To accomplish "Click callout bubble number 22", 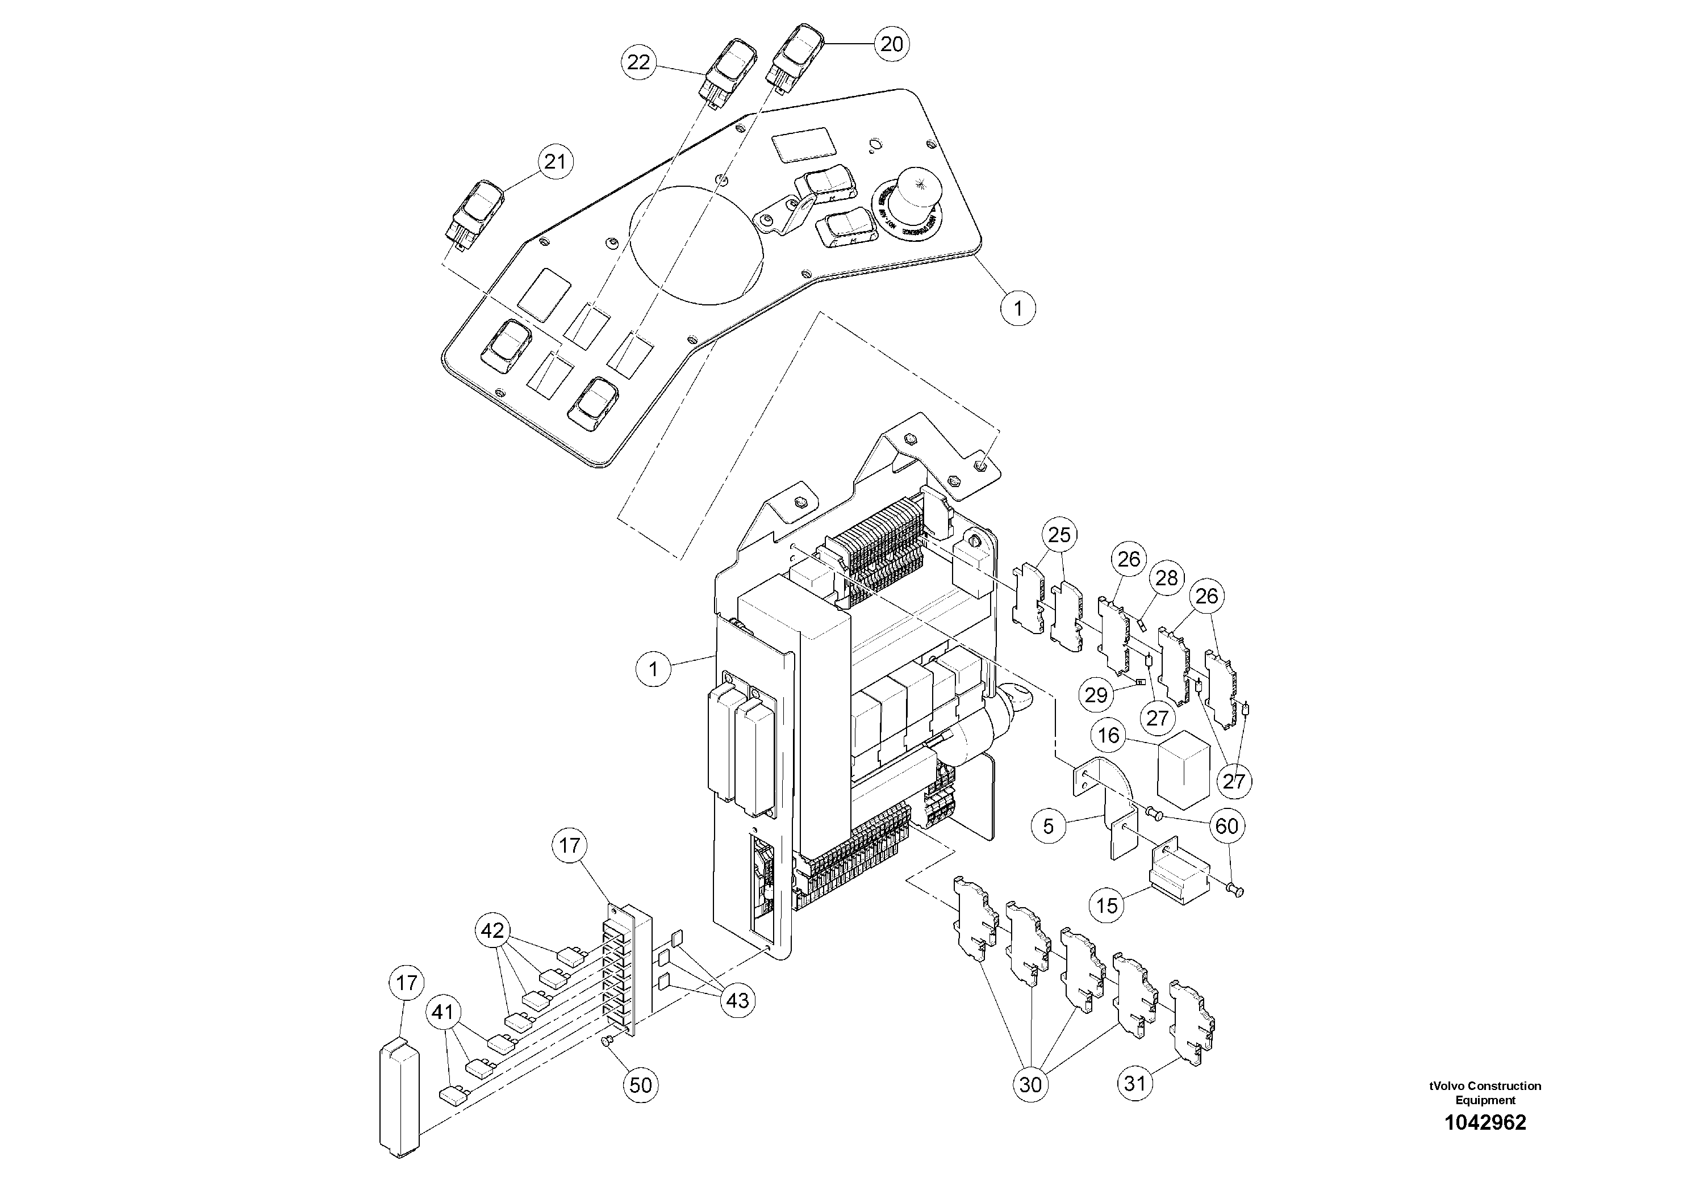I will tap(638, 62).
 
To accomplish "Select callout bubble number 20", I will tap(891, 44).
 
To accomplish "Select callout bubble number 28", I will tap(1167, 578).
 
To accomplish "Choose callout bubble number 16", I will tap(1108, 735).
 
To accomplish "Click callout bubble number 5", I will tap(1049, 826).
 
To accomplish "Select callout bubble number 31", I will tap(1135, 1083).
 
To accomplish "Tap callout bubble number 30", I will tap(1030, 1084).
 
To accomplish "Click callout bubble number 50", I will tap(641, 1084).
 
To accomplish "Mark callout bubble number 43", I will tap(737, 1000).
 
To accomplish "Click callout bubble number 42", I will tap(492, 930).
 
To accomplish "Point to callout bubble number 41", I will tap(442, 1012).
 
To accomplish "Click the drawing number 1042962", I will tap(1485, 1122).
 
